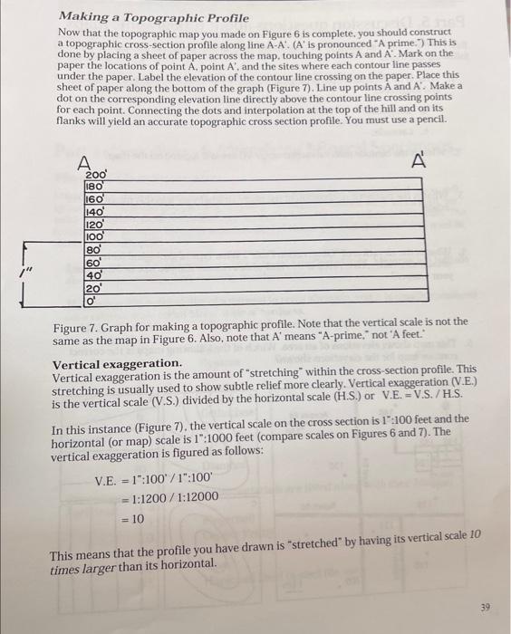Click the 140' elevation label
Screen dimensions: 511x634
(x=95, y=207)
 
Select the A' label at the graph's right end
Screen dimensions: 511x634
(x=418, y=163)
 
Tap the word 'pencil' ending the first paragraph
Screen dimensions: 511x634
(x=427, y=120)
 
